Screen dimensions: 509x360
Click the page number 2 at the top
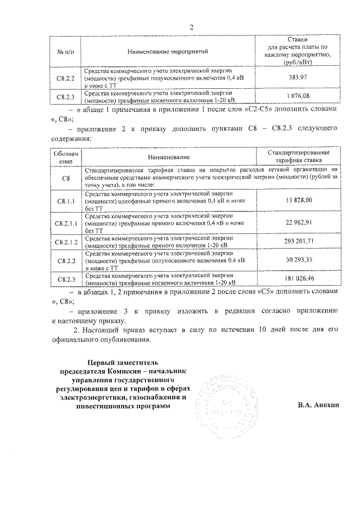(x=191, y=28)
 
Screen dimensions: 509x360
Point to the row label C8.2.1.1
(x=66, y=222)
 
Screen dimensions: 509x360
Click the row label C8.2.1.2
(x=66, y=241)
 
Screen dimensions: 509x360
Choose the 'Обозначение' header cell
(x=66, y=156)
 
